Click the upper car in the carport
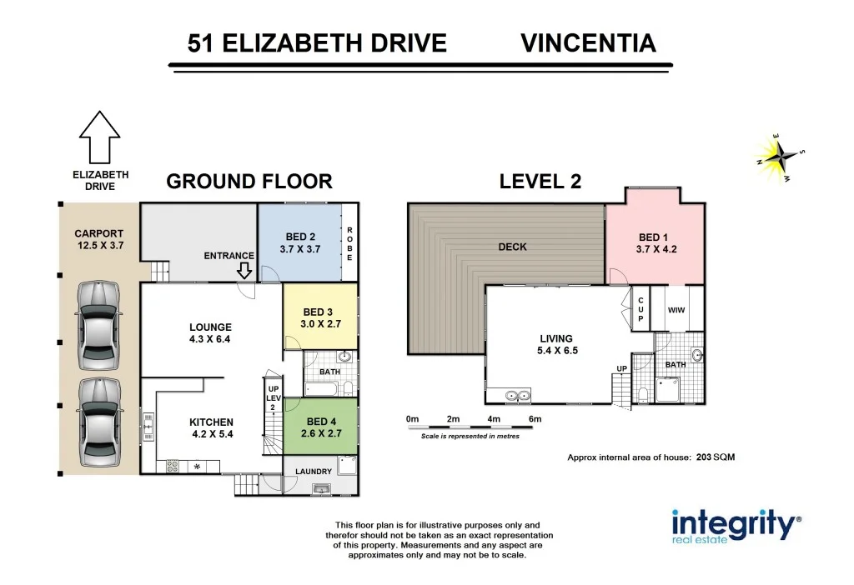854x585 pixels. pyautogui.click(x=98, y=325)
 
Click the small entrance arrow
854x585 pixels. pyautogui.click(x=244, y=271)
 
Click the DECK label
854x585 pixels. pyautogui.click(x=512, y=247)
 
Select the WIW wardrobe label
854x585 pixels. pyautogui.click(x=676, y=309)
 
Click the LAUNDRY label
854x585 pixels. pyautogui.click(x=314, y=472)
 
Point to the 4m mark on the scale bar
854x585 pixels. pyautogui.click(x=494, y=418)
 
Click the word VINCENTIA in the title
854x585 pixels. pyautogui.click(x=588, y=43)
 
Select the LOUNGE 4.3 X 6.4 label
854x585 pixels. pyautogui.click(x=210, y=333)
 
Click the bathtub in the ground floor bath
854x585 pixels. pyautogui.click(x=323, y=388)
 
